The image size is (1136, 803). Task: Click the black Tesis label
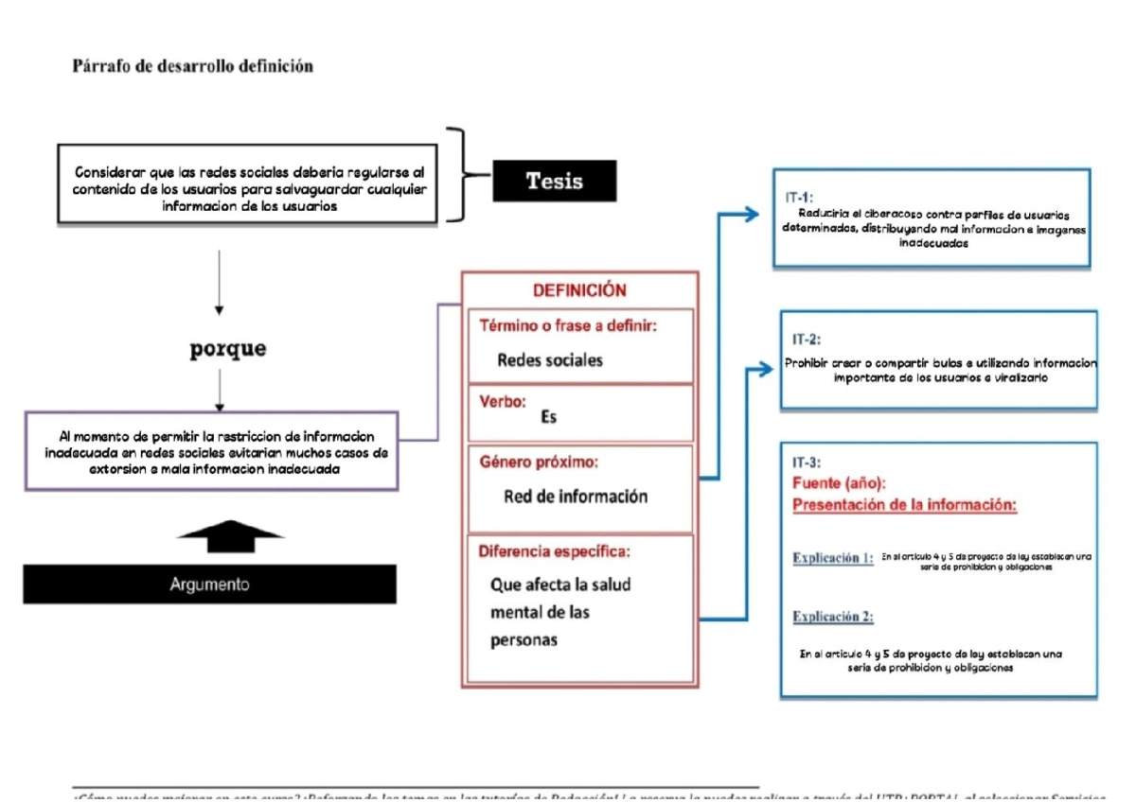pos(554,181)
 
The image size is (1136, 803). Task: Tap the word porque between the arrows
pos(228,349)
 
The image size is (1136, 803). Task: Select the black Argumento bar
pos(210,585)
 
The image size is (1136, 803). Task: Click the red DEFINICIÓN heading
pos(579,291)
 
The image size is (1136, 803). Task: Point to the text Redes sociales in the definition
pos(549,360)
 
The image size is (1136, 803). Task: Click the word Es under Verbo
pos(548,416)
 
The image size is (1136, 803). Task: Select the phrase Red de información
pos(576,497)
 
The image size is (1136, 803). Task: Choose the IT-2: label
pos(807,339)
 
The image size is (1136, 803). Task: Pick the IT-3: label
pos(807,463)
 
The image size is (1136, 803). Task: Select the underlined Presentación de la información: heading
pos(904,505)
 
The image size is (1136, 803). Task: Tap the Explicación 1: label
pos(832,558)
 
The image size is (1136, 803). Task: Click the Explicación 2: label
pos(832,618)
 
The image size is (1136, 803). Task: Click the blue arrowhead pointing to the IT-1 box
pos(751,215)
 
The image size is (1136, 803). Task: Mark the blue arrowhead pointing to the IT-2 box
pos(764,370)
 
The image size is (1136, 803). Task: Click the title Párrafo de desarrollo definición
pos(193,66)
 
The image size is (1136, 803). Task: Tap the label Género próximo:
pos(539,463)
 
